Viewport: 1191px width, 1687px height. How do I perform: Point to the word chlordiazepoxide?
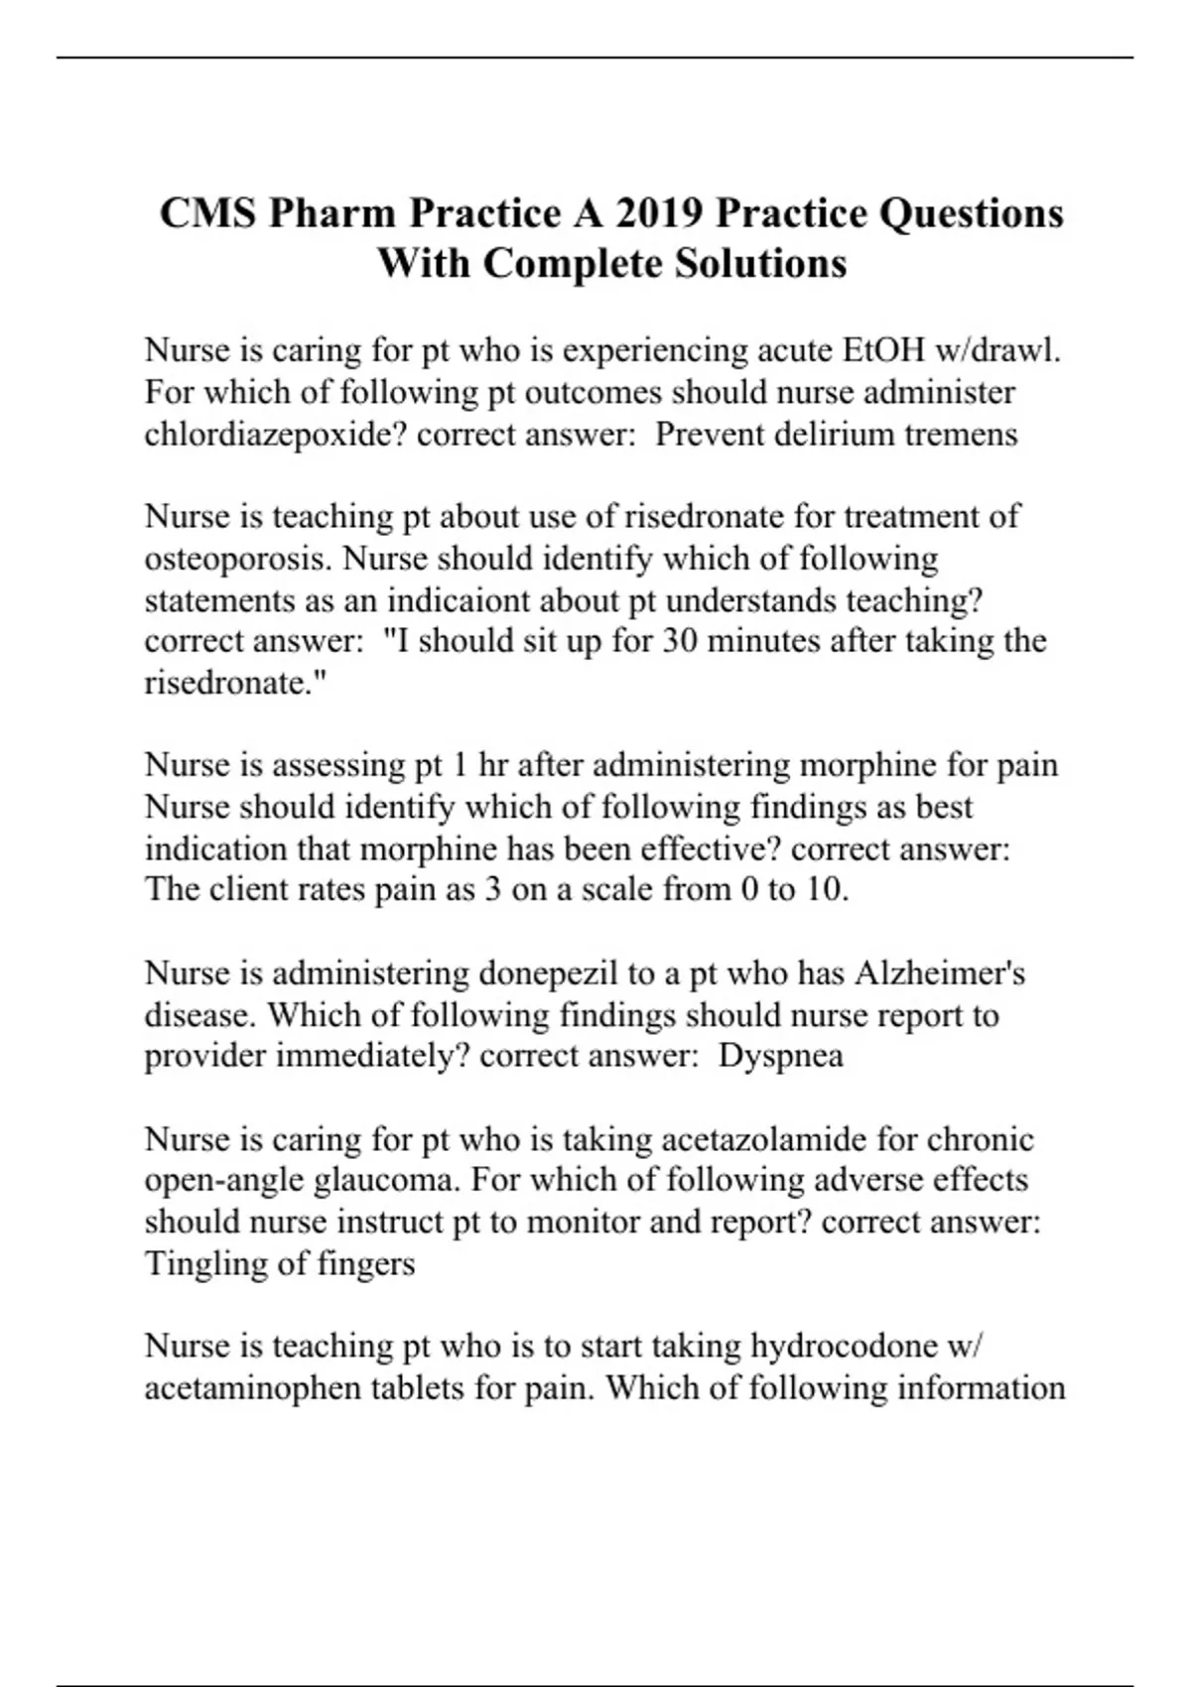pyautogui.click(x=275, y=435)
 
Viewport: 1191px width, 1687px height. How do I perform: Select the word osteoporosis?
pyautogui.click(x=238, y=559)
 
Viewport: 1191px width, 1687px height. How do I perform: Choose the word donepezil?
pyautogui.click(x=549, y=973)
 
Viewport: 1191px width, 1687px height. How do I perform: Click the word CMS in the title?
pyautogui.click(x=204, y=213)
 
